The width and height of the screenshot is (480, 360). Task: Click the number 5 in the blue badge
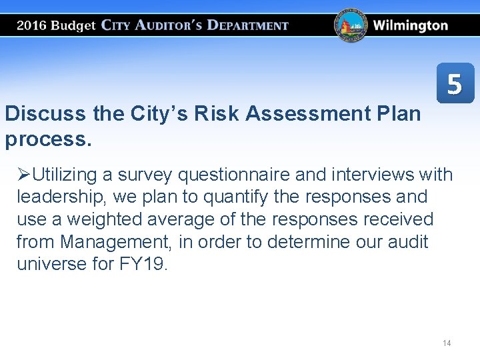point(455,84)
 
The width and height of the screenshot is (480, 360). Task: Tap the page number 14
point(447,343)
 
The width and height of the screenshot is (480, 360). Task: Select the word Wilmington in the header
point(411,26)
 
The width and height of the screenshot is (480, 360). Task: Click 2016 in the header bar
point(32,26)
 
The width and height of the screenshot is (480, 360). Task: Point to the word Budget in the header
point(73,26)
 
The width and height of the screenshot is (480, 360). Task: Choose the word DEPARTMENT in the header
point(247,26)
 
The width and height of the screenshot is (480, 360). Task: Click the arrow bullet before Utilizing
point(24,175)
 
